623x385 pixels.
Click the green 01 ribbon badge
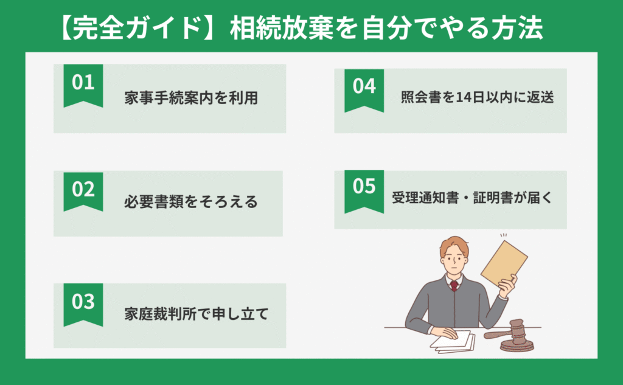pos(83,85)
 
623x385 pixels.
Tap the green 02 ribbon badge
pos(83,191)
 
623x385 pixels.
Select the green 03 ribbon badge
pos(83,304)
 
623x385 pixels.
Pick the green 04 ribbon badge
pos(364,90)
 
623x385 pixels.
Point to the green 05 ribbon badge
pos(364,192)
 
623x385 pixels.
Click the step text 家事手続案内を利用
pos(191,98)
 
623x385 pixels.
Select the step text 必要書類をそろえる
pos(190,202)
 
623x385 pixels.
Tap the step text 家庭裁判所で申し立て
pos(197,314)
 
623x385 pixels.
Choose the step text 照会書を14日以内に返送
pos(477,97)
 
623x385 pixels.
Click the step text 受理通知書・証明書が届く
pos(472,198)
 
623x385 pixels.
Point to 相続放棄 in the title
pos(282,28)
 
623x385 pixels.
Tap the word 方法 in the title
pos(517,28)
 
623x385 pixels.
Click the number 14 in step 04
pos(465,97)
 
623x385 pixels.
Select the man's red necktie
pos(454,286)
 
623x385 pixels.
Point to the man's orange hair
pos(453,246)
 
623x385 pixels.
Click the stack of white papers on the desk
pos(453,342)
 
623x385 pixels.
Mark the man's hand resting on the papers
pos(444,333)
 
